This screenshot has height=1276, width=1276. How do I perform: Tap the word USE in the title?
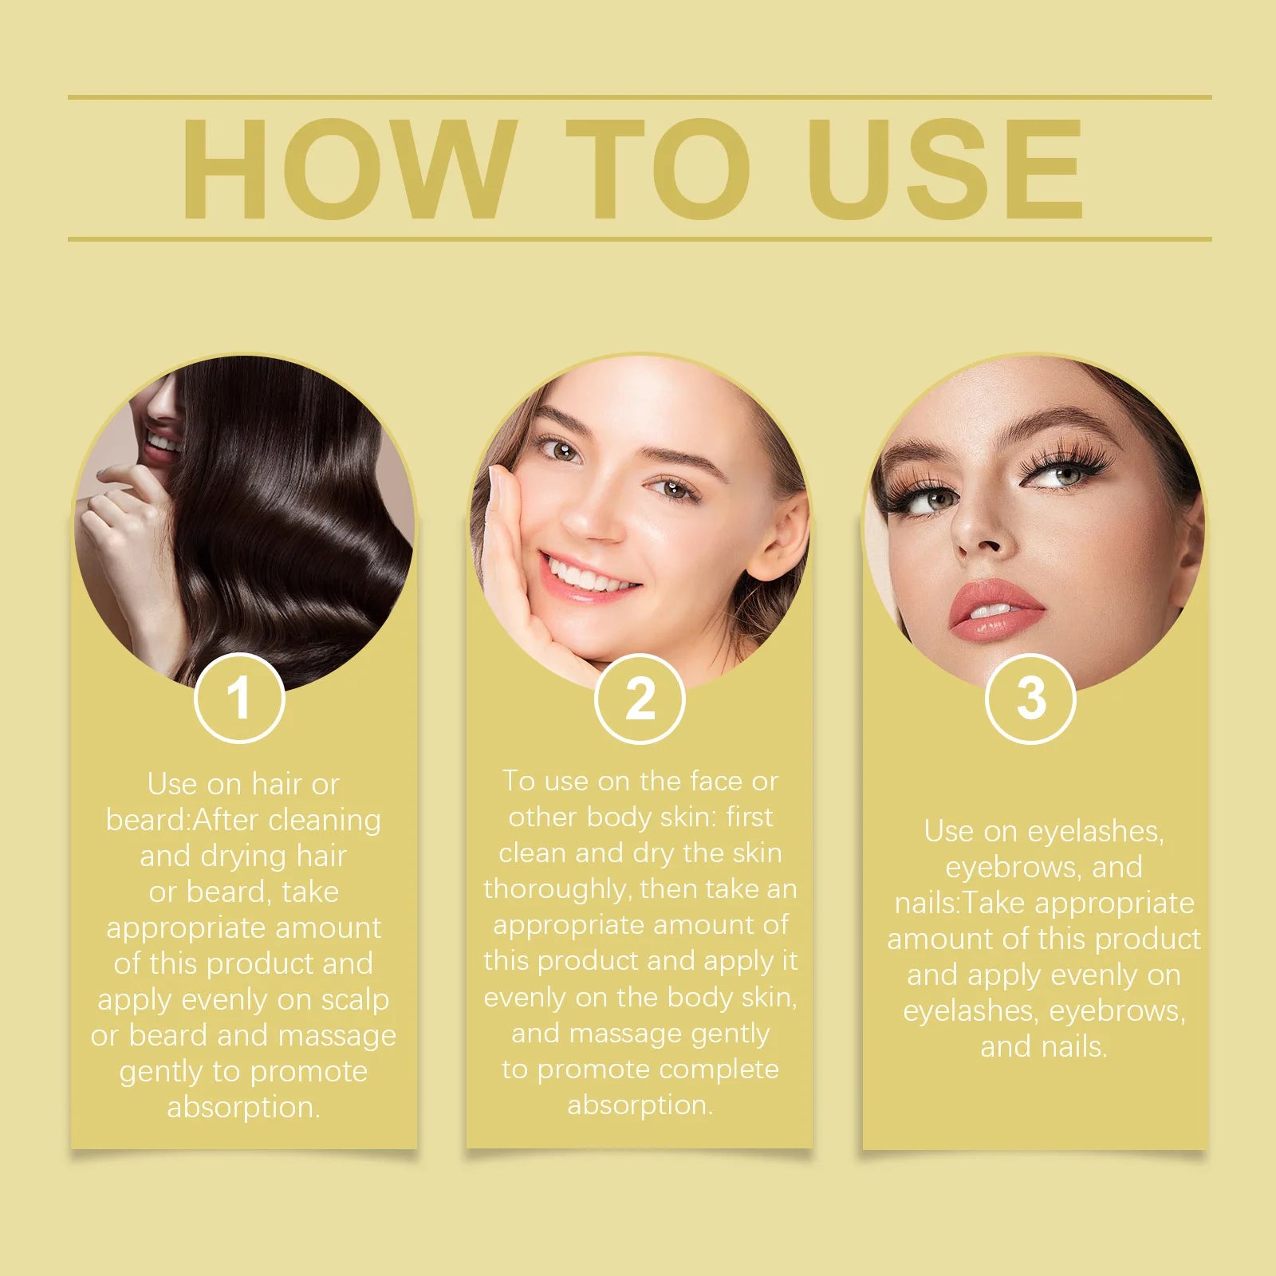pos(946,169)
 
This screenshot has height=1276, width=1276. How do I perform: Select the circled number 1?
pos(239,699)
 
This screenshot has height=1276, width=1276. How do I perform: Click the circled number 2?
pos(640,699)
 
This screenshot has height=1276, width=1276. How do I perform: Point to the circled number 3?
pos(1030,699)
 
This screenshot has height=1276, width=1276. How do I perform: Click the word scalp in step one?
pos(355,1000)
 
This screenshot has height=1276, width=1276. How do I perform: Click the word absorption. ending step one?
pos(243,1108)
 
